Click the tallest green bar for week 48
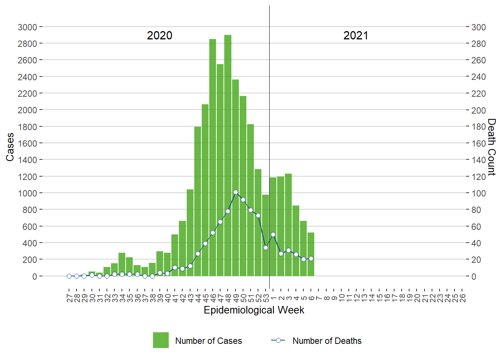[x=228, y=155]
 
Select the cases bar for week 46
[x=213, y=157]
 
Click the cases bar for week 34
[x=122, y=264]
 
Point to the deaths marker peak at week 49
[x=235, y=192]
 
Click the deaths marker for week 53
[x=265, y=247]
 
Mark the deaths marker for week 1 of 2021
[x=273, y=235]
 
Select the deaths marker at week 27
[x=69, y=276]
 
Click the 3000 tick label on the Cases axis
[x=27, y=27]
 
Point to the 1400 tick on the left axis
[x=27, y=160]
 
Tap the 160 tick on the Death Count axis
[x=478, y=143]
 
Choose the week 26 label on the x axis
[x=462, y=298]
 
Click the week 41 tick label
[x=175, y=298]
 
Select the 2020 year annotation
[x=159, y=36]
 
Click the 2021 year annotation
[x=355, y=36]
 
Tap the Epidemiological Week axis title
[x=254, y=310]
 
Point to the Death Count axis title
[x=492, y=147]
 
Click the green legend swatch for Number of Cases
[x=161, y=340]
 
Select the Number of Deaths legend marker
[x=278, y=340]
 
